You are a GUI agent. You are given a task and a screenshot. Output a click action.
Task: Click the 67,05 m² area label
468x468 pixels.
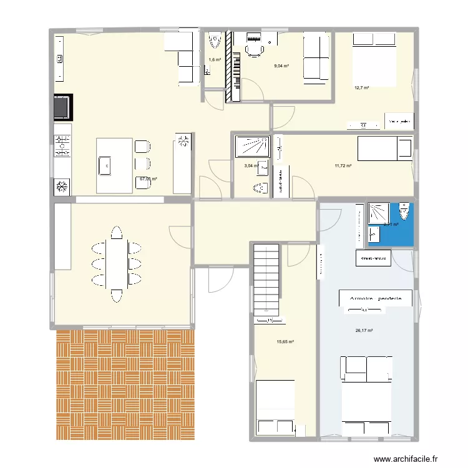[x=148, y=178]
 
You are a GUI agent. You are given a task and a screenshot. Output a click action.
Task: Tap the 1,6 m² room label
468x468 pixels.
[x=214, y=60]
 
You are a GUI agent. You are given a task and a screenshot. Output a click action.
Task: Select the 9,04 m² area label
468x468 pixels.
[x=281, y=66]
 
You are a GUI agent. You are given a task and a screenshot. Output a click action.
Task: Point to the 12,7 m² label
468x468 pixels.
[x=362, y=88]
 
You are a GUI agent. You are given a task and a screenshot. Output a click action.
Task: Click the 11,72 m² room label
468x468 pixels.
[x=343, y=165]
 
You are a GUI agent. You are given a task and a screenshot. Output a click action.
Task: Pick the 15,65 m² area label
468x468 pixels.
[x=285, y=341]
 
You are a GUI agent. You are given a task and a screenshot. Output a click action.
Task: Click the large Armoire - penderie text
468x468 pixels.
[x=376, y=299]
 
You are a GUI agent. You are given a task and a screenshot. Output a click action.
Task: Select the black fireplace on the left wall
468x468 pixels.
[x=62, y=107]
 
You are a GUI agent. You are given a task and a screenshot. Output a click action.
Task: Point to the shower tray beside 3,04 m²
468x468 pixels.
[x=251, y=146]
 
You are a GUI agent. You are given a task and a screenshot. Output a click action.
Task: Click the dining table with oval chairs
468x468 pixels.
[x=115, y=262]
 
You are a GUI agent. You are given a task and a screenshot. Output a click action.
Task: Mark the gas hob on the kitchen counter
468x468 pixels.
[x=62, y=146]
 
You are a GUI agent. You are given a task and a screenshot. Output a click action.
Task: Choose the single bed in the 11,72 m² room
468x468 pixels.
[x=384, y=149]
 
